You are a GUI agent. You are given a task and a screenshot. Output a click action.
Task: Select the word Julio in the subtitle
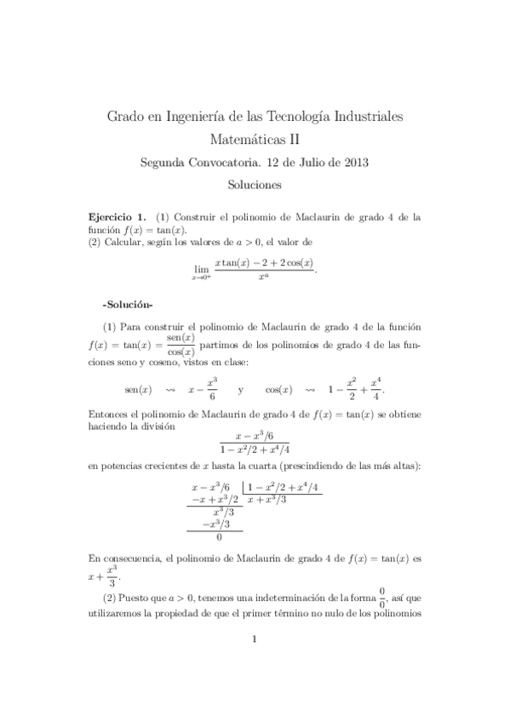[x=301, y=161]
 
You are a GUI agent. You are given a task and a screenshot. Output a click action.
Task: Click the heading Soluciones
[x=255, y=183]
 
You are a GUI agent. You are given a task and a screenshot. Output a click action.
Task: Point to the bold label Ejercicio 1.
[x=118, y=217]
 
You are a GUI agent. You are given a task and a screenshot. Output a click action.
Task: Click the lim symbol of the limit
[x=201, y=267]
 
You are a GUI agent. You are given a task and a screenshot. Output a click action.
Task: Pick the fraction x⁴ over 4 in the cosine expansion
[x=375, y=388]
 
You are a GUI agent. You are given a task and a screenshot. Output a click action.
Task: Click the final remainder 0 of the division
[x=219, y=537]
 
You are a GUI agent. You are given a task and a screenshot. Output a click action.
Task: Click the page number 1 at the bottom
[x=255, y=665]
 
